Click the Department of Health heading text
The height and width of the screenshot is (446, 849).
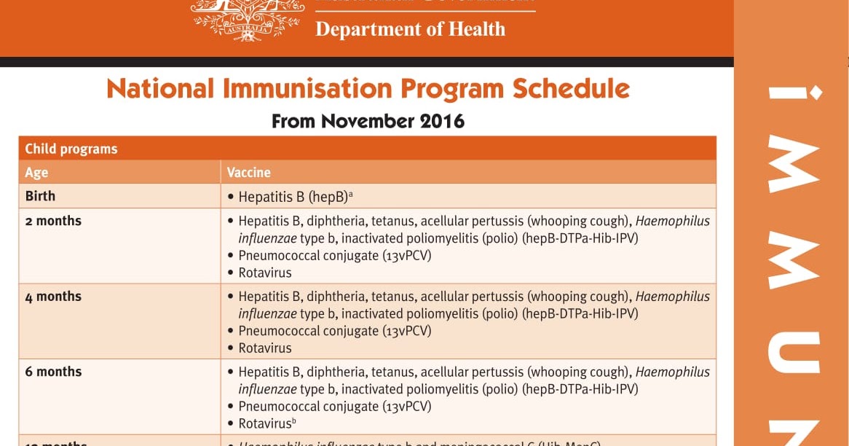410,29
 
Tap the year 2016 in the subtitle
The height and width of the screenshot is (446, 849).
442,121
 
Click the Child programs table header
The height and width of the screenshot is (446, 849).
71,149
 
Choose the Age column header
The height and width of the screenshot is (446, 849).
36,173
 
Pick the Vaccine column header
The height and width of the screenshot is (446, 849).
249,173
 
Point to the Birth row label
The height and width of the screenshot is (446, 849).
40,196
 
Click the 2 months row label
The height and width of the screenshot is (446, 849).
53,221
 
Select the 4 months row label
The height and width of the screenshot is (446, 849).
53,297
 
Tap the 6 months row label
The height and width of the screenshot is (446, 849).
53,372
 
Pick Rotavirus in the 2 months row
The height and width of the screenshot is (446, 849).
265,273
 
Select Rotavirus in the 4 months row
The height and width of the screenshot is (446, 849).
265,348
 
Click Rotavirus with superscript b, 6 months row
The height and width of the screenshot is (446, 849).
266,423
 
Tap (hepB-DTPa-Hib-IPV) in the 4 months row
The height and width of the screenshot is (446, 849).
580,314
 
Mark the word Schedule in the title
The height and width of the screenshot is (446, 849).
571,89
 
